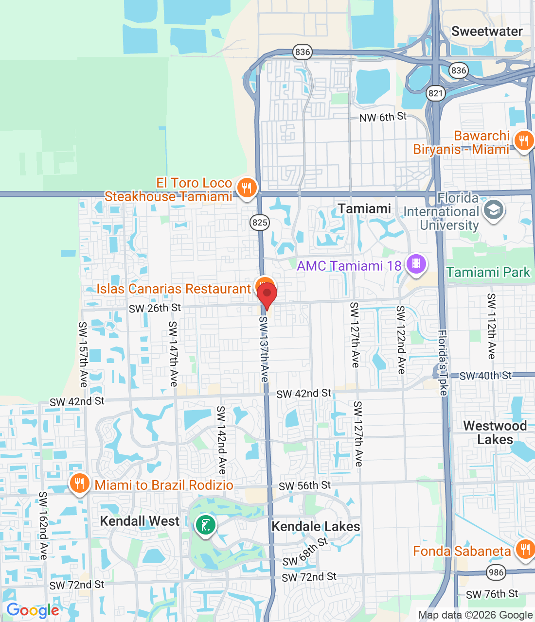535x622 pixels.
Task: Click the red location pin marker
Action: tap(267, 294)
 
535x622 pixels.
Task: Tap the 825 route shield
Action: tap(260, 223)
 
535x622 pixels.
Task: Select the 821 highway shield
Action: tap(436, 93)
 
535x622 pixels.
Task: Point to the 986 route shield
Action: tap(496, 572)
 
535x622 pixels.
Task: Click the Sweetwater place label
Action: tap(487, 32)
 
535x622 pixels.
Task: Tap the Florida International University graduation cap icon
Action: tap(494, 210)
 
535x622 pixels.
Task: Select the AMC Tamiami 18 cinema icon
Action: tap(416, 264)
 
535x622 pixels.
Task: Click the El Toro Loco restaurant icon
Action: tap(247, 188)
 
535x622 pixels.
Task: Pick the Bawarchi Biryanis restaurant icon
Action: tap(524, 141)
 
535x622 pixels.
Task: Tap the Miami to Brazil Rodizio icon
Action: tap(79, 484)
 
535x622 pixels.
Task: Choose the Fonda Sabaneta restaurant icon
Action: tap(525, 550)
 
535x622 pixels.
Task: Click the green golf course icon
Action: tap(205, 525)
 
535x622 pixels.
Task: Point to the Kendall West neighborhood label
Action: tap(140, 521)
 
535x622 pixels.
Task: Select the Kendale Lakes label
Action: tap(316, 526)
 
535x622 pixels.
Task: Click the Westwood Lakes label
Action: tap(495, 432)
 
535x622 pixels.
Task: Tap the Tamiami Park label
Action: tap(488, 272)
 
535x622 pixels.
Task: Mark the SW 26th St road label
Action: tap(155, 308)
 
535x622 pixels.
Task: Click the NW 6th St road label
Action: tap(383, 117)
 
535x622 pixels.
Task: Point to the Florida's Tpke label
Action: tap(443, 363)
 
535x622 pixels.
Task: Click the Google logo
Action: tap(33, 610)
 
